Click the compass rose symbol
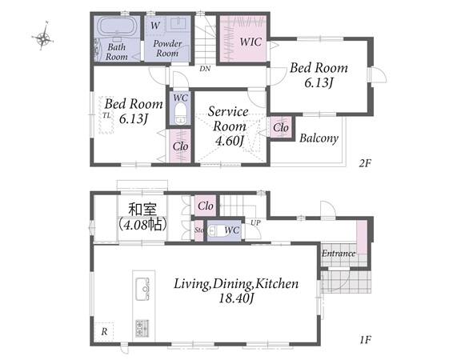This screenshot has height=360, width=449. tap(43, 37)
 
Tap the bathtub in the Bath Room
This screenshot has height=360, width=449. tap(117, 27)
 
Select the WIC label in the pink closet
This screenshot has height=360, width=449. tap(251, 42)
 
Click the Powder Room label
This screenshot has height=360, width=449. tap(167, 48)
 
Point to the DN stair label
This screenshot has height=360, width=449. tap(205, 69)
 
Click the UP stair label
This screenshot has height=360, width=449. tap(255, 222)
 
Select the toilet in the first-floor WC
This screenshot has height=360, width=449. tap(214, 231)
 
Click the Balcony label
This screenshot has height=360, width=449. tap(319, 138)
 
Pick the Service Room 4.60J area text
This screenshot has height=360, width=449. tap(228, 126)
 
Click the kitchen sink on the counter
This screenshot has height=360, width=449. tap(142, 289)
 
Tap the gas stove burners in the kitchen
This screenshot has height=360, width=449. tap(142, 328)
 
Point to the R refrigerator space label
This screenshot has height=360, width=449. tap(104, 332)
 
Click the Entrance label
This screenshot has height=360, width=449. tap(339, 254)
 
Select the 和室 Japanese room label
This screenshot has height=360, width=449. tap(142, 209)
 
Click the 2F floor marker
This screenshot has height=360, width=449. tap(365, 163)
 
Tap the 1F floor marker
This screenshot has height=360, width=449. tap(366, 340)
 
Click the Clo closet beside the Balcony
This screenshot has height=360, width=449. tap(281, 127)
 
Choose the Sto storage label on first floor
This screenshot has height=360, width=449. tap(199, 230)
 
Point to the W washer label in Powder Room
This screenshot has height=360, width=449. tap(155, 25)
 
